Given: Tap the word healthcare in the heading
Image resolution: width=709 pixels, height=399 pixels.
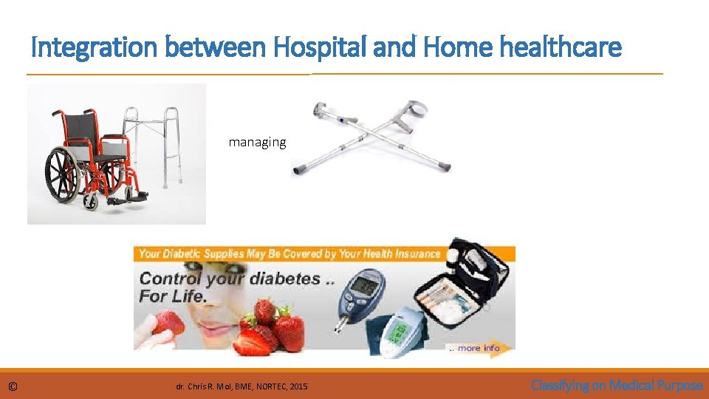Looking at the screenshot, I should click(x=561, y=48).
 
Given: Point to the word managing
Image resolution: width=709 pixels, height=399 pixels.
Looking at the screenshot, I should click(x=257, y=142).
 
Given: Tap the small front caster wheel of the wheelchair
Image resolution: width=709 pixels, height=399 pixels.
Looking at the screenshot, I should click(x=89, y=202).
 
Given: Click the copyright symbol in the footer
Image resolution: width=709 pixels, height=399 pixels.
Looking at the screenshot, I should click(x=13, y=386).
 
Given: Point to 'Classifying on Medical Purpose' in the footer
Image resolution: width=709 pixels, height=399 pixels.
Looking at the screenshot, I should click(x=617, y=385).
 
